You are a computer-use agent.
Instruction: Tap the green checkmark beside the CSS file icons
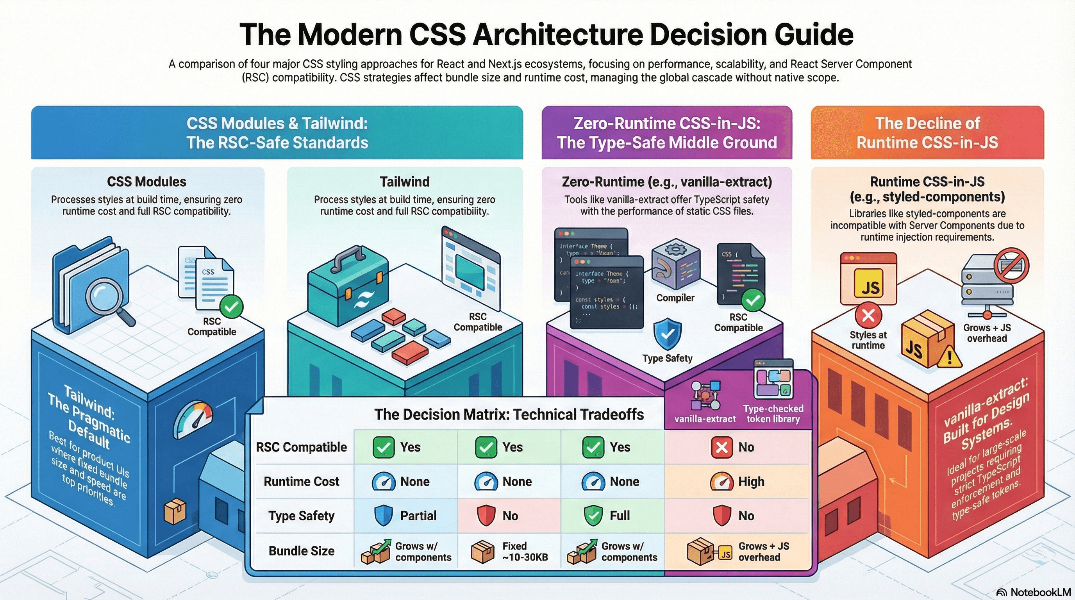tap(232, 307)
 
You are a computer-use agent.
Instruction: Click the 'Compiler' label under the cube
tap(675, 298)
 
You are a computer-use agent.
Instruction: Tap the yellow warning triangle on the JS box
tap(949, 357)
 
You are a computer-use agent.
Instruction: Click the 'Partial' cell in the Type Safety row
tap(405, 516)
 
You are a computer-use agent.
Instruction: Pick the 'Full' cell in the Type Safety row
tap(611, 516)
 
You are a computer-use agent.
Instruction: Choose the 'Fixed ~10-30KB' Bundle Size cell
tap(509, 552)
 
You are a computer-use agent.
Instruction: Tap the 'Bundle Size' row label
tap(301, 551)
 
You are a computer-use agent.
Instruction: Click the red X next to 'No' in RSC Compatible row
tap(721, 447)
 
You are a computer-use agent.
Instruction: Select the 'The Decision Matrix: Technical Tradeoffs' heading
tap(509, 414)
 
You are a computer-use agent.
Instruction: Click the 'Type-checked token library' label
tap(773, 414)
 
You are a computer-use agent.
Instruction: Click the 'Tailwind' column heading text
tap(404, 182)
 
